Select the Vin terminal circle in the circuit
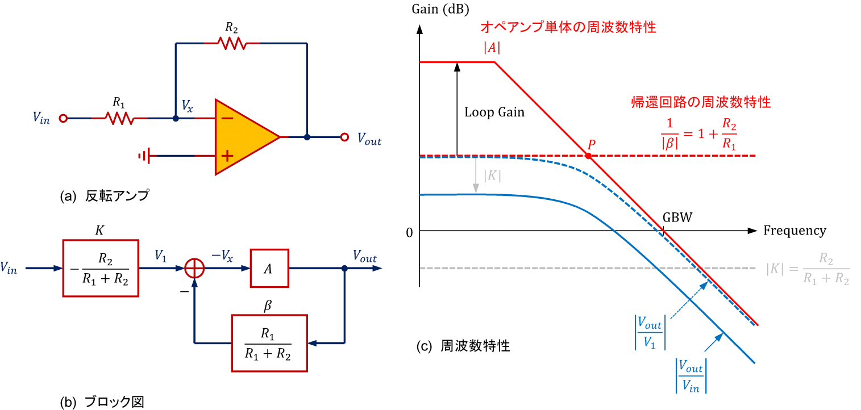(x=64, y=118)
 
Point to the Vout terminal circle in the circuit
(x=344, y=137)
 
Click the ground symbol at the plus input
(x=145, y=155)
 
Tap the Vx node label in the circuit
(x=187, y=105)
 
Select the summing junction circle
(x=195, y=268)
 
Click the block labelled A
(x=269, y=268)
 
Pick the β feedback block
(x=269, y=343)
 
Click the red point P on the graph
(x=589, y=156)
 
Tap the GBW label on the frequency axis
(x=677, y=218)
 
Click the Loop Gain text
(x=494, y=112)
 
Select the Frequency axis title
(x=795, y=231)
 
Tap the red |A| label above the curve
(x=492, y=48)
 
